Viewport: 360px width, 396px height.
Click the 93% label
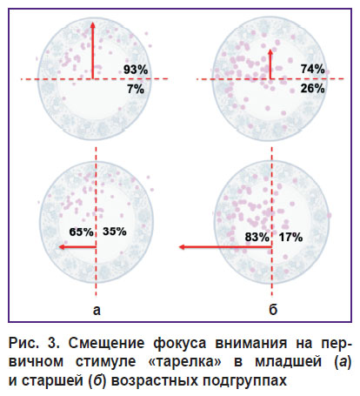point(136,70)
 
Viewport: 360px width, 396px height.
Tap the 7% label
point(136,89)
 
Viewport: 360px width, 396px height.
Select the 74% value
point(312,69)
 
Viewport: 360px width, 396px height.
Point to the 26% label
point(312,88)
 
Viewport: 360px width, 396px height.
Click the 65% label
point(81,232)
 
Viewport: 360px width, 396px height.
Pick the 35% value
point(115,232)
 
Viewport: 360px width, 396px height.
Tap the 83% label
point(257,237)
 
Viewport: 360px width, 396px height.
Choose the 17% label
point(290,237)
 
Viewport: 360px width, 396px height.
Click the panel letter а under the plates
point(97,311)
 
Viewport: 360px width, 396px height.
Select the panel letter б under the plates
point(273,309)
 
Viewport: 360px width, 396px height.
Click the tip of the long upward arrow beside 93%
point(93,22)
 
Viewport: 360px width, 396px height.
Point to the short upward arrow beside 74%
point(270,64)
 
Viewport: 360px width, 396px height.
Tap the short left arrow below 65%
point(77,247)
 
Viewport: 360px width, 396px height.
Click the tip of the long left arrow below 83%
point(179,247)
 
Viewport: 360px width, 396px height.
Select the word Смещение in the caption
point(106,344)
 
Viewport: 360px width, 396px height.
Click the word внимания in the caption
point(250,344)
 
